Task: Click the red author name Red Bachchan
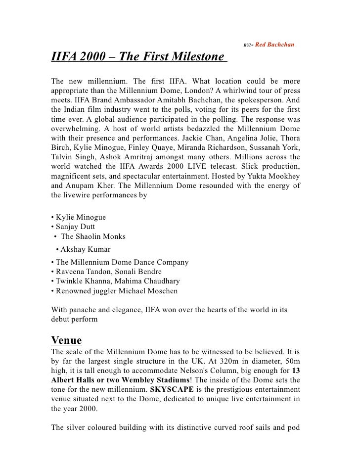point(275,45)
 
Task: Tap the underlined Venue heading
point(66,341)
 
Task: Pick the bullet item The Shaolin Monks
point(93,236)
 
